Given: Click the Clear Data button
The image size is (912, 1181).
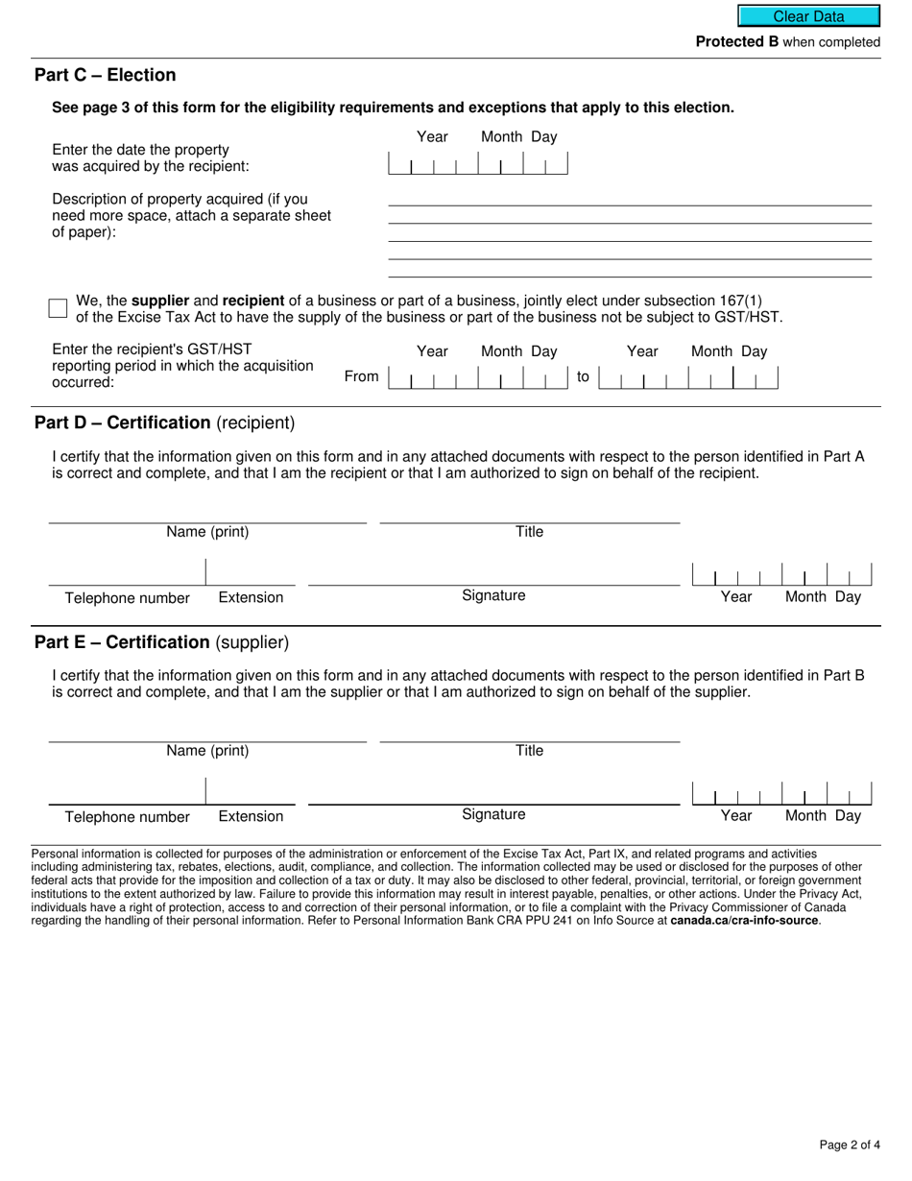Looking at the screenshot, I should (808, 16).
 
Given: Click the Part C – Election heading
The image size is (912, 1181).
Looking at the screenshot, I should (105, 75).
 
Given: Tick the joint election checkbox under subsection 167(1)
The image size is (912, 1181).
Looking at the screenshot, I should (58, 308).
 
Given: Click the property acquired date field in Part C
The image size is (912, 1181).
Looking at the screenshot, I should (477, 164).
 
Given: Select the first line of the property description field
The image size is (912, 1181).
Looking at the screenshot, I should (629, 197).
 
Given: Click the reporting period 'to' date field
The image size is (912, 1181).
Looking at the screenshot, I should (687, 378).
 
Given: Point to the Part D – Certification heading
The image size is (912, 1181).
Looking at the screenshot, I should (164, 422).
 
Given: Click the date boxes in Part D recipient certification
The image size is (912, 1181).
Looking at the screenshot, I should (781, 575).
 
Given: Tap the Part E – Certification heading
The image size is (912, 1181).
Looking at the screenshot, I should (161, 642).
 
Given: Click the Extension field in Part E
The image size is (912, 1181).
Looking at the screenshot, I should (251, 792).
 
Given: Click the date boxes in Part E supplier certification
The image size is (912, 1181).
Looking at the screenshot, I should (781, 794).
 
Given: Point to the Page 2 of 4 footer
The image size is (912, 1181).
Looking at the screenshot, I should (849, 1145).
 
